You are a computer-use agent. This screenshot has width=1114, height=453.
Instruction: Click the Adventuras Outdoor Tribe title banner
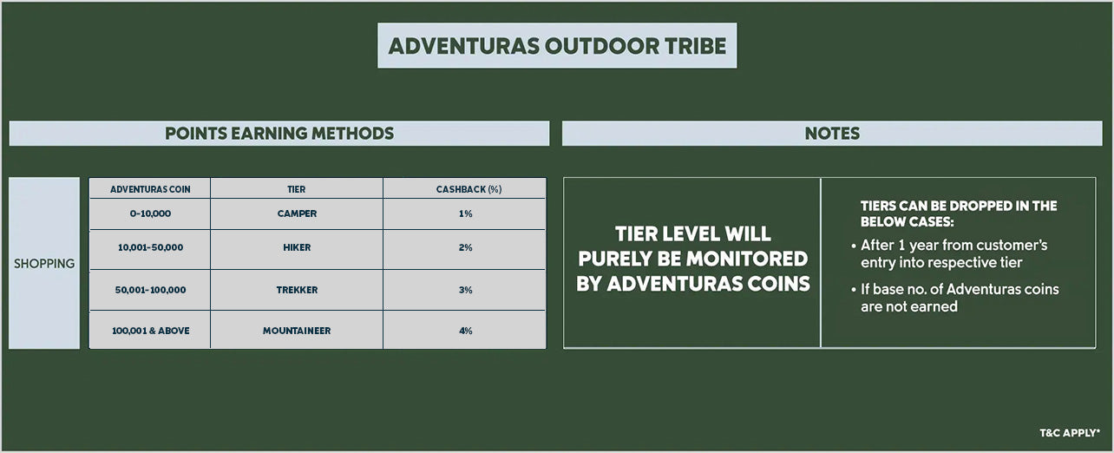coord(557,45)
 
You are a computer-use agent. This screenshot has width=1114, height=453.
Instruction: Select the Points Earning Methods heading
coord(279,134)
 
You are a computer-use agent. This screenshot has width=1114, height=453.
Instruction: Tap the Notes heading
coord(832,134)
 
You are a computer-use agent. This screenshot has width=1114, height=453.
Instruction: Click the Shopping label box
coord(44,263)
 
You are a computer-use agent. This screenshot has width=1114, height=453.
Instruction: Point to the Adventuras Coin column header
coord(150,189)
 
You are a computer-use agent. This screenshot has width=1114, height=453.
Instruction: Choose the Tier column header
coord(297,189)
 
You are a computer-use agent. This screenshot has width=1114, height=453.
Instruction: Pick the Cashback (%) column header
coord(469,189)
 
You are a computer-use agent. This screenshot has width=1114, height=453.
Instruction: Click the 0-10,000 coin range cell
coord(150,213)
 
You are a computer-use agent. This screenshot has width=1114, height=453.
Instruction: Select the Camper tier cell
coord(297,213)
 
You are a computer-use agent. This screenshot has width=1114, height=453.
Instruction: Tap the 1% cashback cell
coord(465,213)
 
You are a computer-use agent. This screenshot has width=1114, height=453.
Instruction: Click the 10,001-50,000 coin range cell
coord(150,247)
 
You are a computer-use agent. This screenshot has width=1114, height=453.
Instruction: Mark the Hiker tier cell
coord(297,247)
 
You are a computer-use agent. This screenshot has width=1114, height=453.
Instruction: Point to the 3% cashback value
coord(466,290)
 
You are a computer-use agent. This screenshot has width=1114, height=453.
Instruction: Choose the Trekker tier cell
coord(297,290)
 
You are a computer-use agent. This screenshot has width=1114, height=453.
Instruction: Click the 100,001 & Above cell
coord(150,331)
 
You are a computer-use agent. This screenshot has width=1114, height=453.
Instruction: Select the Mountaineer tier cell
coord(297,331)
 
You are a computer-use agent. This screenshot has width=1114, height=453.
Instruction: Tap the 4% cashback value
coord(466,331)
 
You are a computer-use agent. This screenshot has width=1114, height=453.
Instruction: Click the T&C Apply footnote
coord(1070,433)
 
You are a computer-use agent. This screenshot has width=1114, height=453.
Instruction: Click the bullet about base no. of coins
coord(955,298)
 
